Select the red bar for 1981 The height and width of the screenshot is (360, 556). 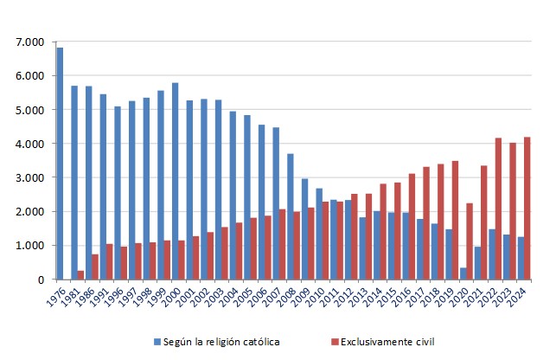[x=81, y=275]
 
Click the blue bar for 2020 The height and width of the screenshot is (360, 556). [x=463, y=273]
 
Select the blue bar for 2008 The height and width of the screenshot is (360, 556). [x=291, y=216]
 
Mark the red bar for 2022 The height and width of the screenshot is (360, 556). [x=499, y=209]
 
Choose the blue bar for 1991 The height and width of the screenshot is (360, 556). [x=103, y=187]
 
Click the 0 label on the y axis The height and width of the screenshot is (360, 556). [x=40, y=280]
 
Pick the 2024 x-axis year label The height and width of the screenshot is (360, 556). [x=520, y=299]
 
